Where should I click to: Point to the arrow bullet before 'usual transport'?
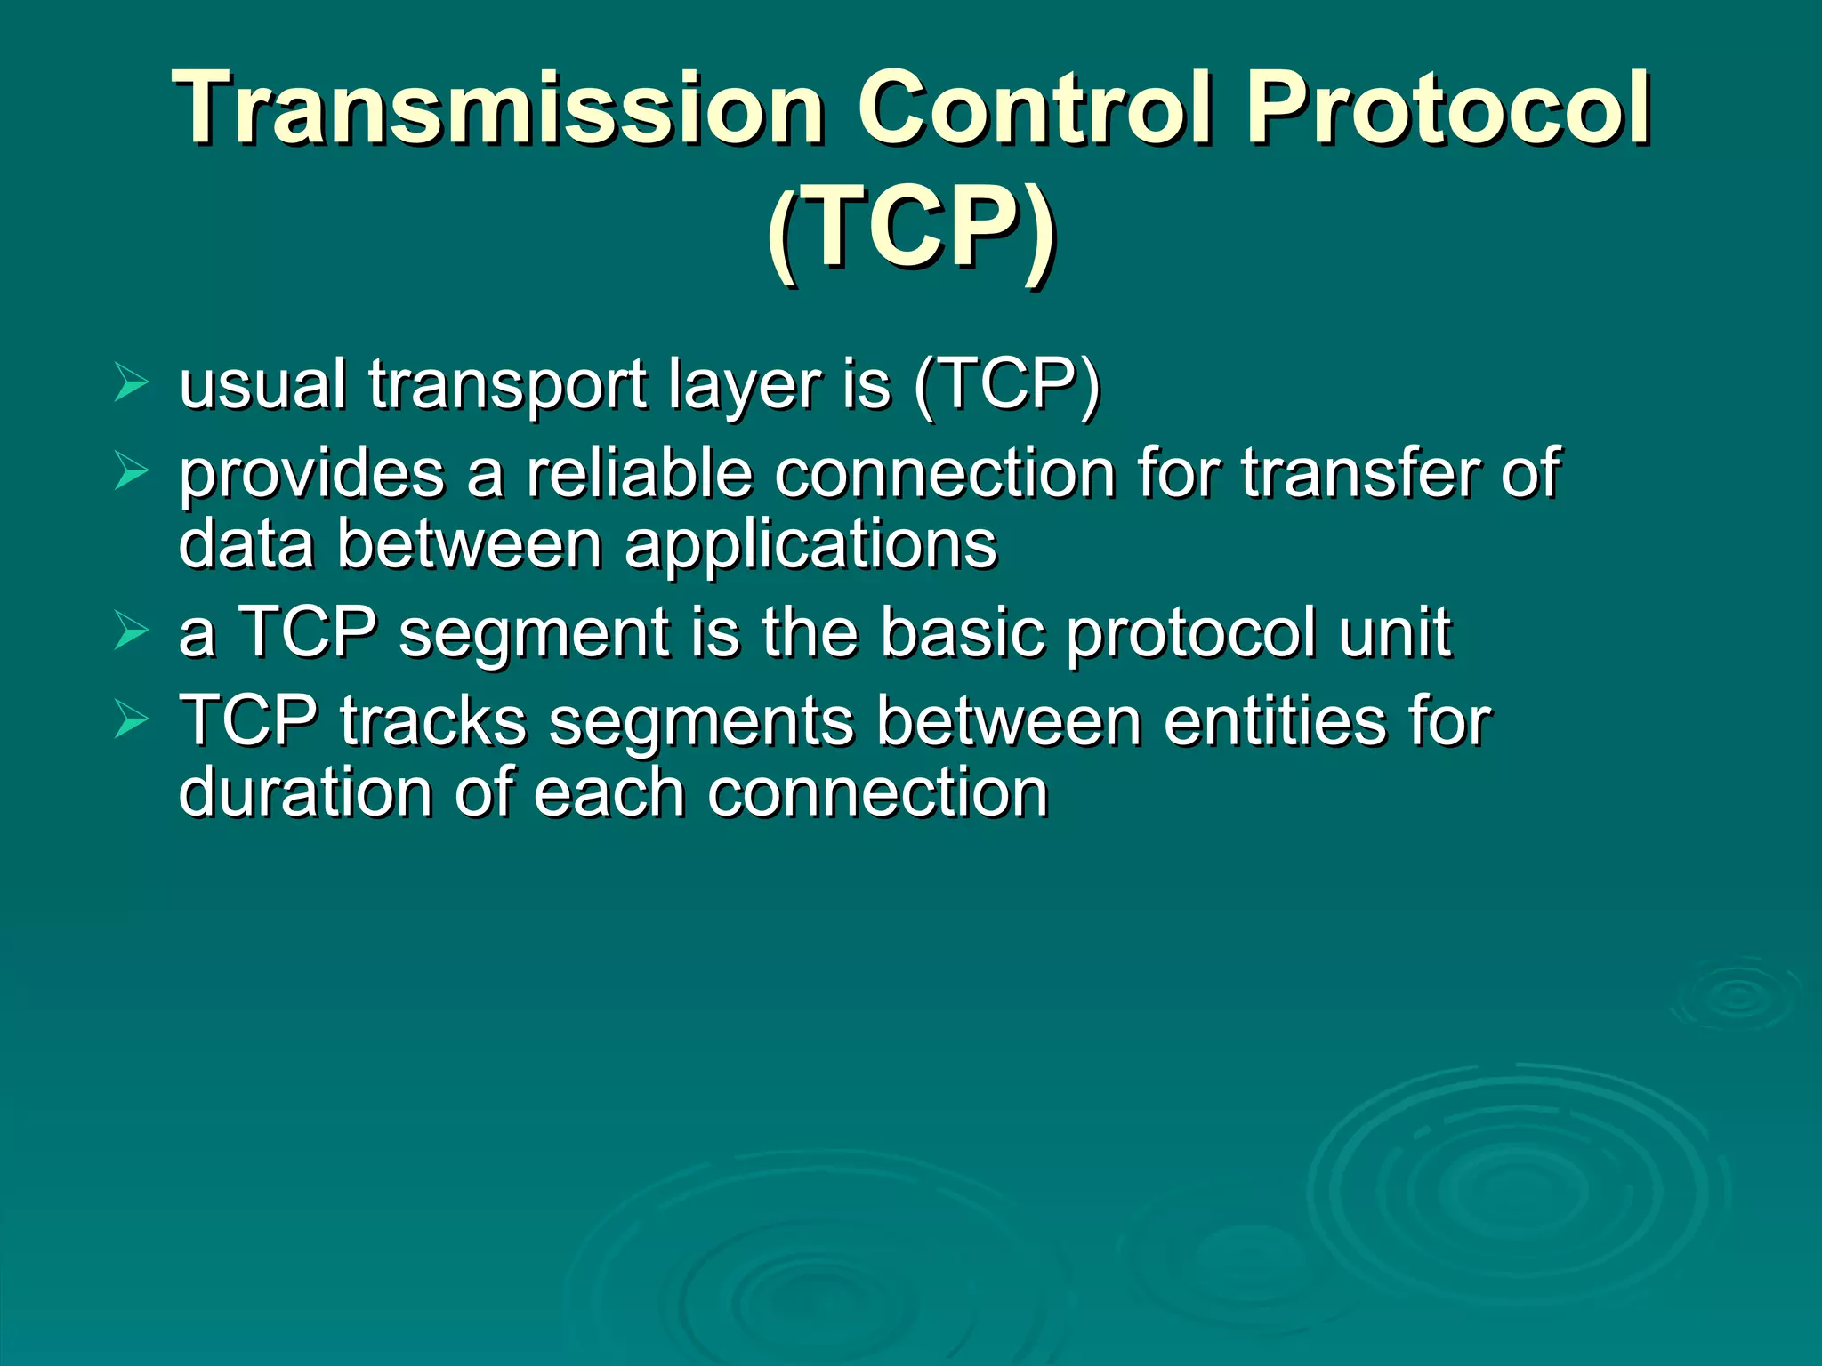point(132,385)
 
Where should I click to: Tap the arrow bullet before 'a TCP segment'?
point(132,632)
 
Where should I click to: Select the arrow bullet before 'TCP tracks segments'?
point(132,720)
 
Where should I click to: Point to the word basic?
point(962,633)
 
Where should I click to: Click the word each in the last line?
point(609,793)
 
